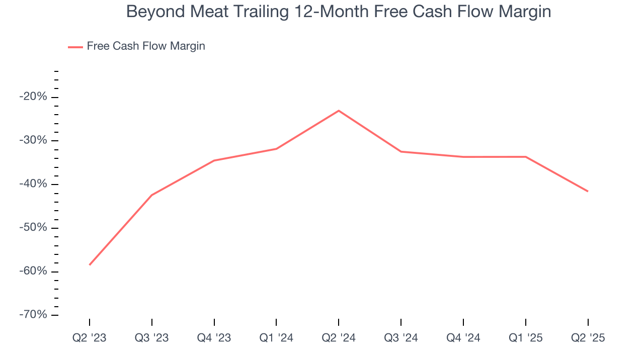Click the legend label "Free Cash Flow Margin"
click(146, 46)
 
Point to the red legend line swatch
click(75, 47)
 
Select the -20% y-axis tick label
click(33, 97)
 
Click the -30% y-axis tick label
click(33, 140)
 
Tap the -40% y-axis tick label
click(33, 184)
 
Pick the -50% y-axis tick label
click(33, 228)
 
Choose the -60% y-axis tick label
click(33, 271)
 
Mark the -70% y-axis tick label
click(33, 315)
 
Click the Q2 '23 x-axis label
click(90, 338)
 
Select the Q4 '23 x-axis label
click(214, 338)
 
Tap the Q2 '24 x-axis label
click(339, 338)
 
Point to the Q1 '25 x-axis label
click(525, 338)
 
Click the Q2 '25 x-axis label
click(588, 338)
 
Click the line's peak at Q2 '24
click(339, 111)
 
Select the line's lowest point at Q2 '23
click(90, 264)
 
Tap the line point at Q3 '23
click(152, 195)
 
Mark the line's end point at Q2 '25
click(588, 191)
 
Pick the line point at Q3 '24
click(401, 151)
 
